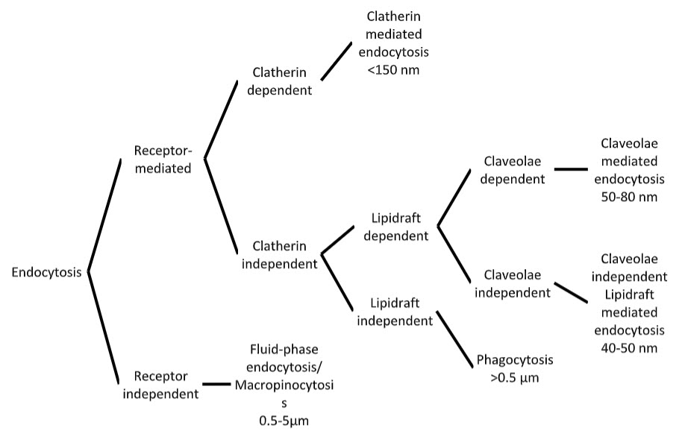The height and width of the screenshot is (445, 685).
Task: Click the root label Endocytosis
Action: [46, 273]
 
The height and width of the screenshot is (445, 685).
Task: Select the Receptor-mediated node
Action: [163, 159]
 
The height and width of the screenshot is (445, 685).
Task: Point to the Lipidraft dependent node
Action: [396, 227]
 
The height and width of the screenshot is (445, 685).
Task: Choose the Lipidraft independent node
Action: [395, 312]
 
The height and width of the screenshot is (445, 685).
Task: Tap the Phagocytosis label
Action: [515, 360]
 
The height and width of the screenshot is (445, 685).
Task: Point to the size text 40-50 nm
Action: [628, 347]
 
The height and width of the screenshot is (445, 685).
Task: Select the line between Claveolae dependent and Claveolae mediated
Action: [572, 169]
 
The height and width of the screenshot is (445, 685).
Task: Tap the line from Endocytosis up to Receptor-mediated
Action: [104, 215]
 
